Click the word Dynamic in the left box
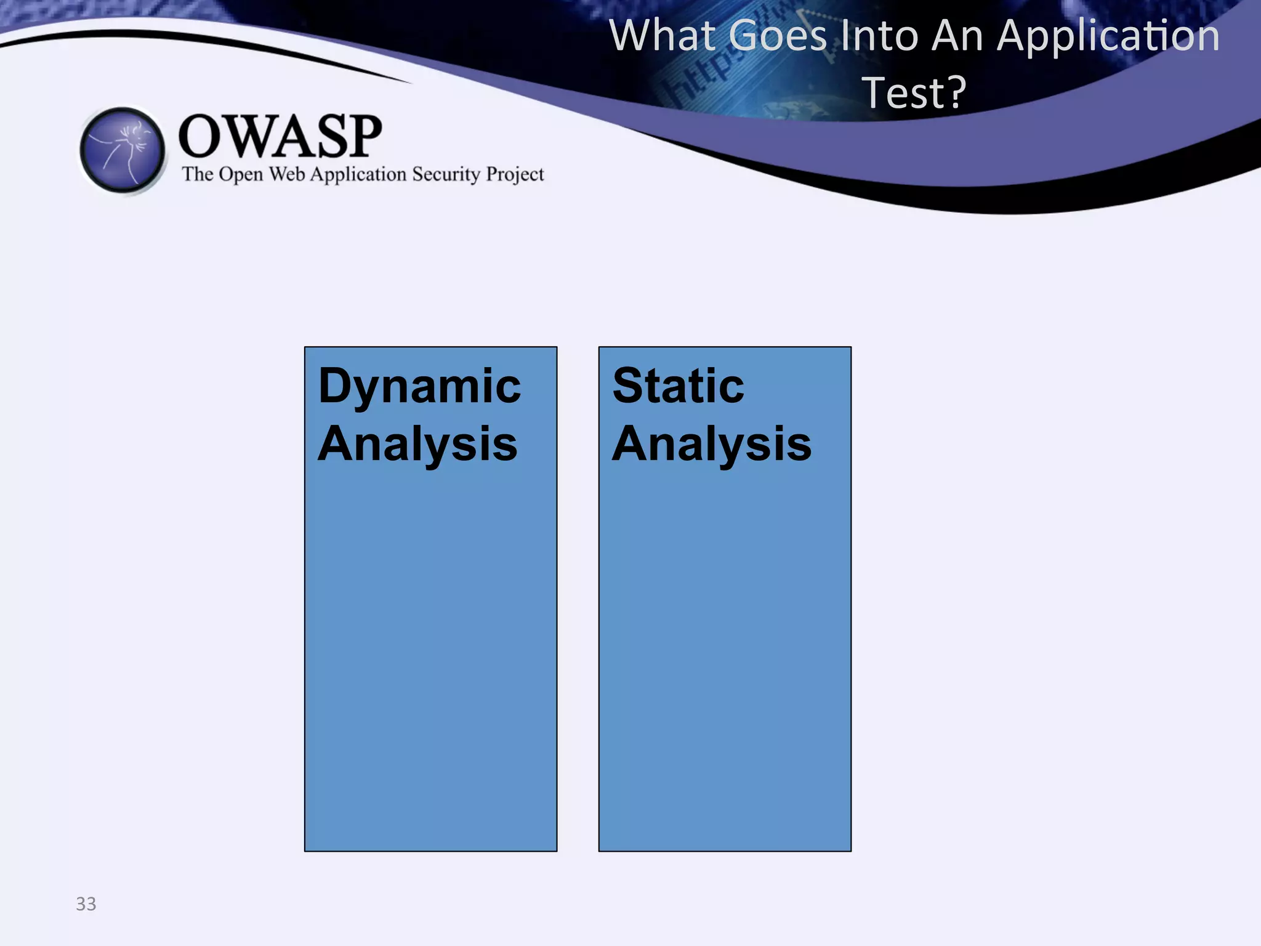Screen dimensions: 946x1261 point(419,387)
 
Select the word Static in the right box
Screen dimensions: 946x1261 point(678,386)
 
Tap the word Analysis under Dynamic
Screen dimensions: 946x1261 point(417,444)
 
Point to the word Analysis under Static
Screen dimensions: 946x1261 point(712,444)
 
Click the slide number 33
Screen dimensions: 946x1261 point(86,904)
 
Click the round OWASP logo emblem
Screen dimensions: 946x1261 point(123,150)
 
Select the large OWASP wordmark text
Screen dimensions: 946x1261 point(280,136)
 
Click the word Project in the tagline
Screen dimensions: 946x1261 point(515,175)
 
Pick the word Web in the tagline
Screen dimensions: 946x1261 point(287,174)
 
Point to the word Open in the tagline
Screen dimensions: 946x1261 point(241,175)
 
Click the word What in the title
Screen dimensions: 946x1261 point(663,36)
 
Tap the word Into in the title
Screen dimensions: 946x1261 point(880,36)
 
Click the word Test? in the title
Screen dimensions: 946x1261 point(914,92)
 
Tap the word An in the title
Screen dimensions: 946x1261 point(957,36)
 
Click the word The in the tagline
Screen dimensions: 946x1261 point(197,174)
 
